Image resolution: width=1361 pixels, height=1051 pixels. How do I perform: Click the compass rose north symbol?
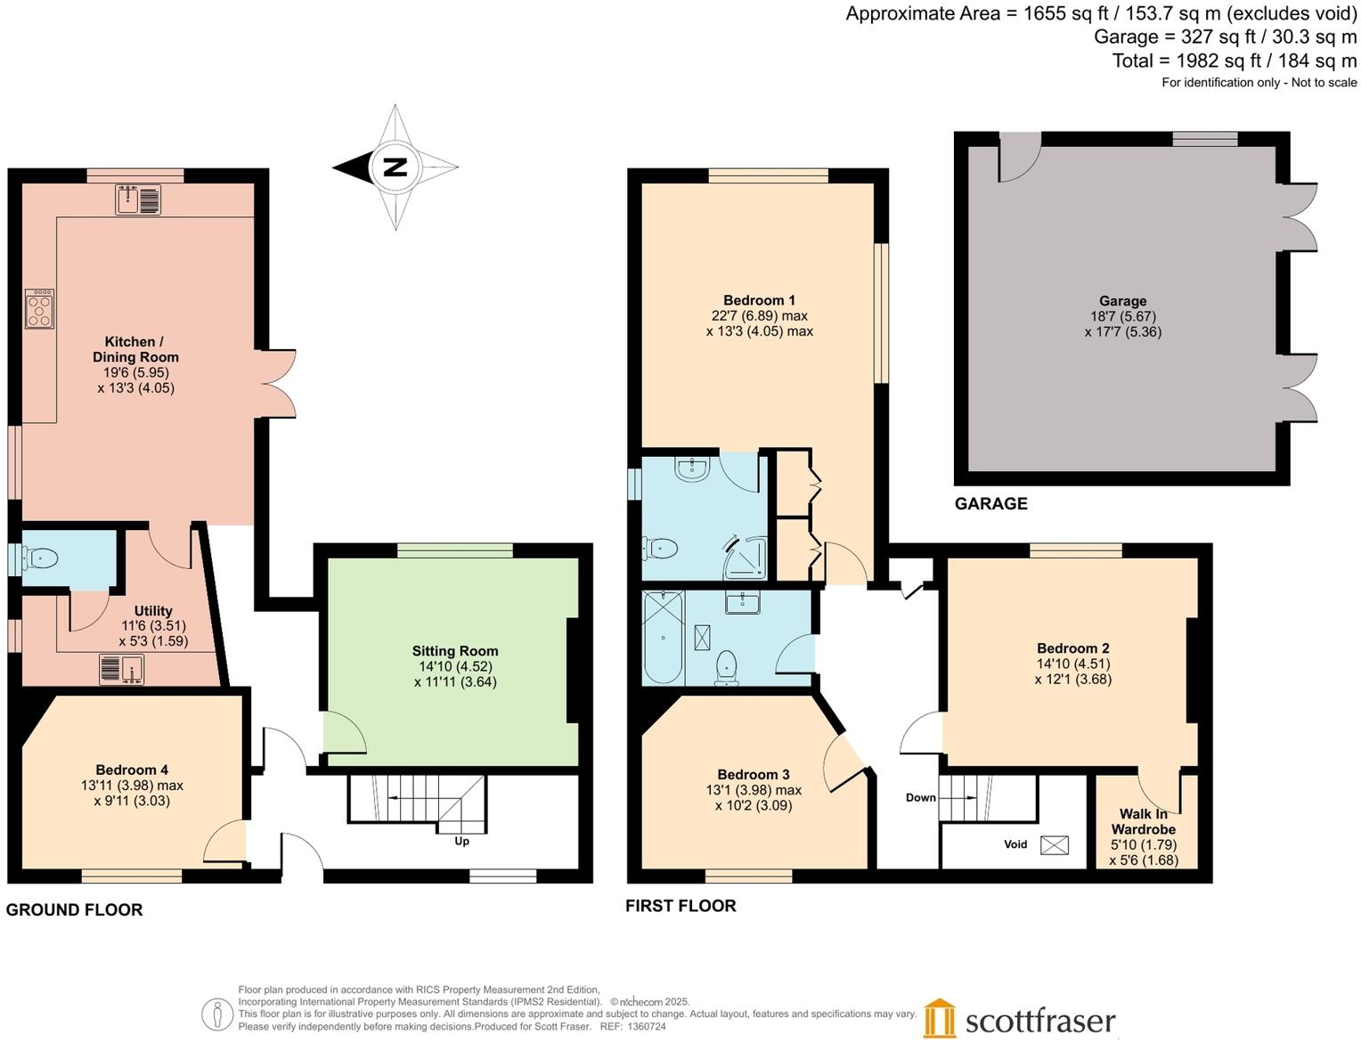coord(395,167)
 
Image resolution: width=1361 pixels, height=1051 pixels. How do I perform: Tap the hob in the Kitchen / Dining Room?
coord(40,309)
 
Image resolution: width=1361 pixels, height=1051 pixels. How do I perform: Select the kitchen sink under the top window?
coord(138,200)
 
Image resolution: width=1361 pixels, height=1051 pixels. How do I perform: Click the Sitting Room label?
coord(454,651)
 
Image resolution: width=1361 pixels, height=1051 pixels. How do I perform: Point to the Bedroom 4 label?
coord(132,770)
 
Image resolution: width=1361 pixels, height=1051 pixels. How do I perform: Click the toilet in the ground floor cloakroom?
coord(40,558)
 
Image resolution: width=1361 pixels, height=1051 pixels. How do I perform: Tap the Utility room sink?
coord(121,669)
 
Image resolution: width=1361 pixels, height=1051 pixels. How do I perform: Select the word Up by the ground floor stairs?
coord(461,842)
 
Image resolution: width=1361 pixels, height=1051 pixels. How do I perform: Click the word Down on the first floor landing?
coord(920,797)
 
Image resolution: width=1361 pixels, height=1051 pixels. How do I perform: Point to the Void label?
coord(1015,844)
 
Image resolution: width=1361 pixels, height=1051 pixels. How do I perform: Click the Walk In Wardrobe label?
coord(1143,821)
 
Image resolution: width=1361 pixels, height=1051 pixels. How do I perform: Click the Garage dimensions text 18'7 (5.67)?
coord(1122,316)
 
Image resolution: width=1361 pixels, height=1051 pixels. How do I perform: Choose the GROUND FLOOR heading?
coord(74,909)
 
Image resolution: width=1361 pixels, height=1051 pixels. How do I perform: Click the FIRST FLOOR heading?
coord(680,906)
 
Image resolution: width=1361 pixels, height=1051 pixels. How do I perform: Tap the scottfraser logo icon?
coord(939,1019)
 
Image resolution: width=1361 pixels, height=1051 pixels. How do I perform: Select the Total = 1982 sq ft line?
coord(1234,61)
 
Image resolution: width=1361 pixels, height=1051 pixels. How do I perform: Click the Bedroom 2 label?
coord(1072,648)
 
